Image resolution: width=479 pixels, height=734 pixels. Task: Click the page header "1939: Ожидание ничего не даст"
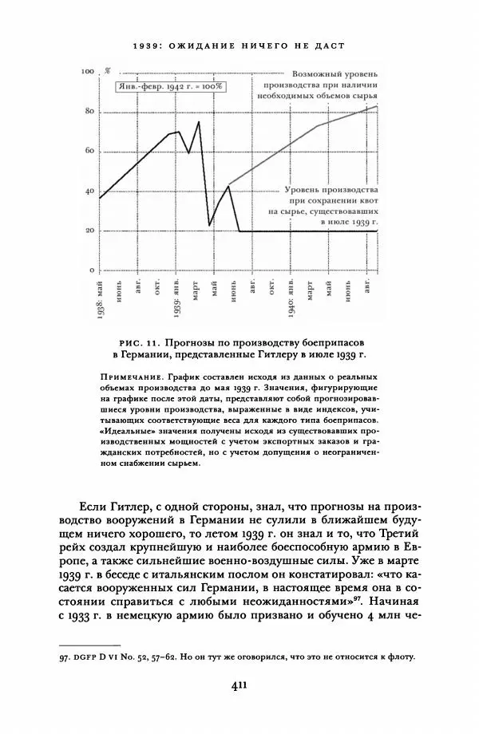pyautogui.click(x=239, y=45)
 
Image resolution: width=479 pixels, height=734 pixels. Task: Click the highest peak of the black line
pyautogui.click(x=199, y=121)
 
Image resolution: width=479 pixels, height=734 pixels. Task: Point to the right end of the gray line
pyautogui.click(x=377, y=106)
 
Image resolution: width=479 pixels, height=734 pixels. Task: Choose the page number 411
pyautogui.click(x=239, y=684)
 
